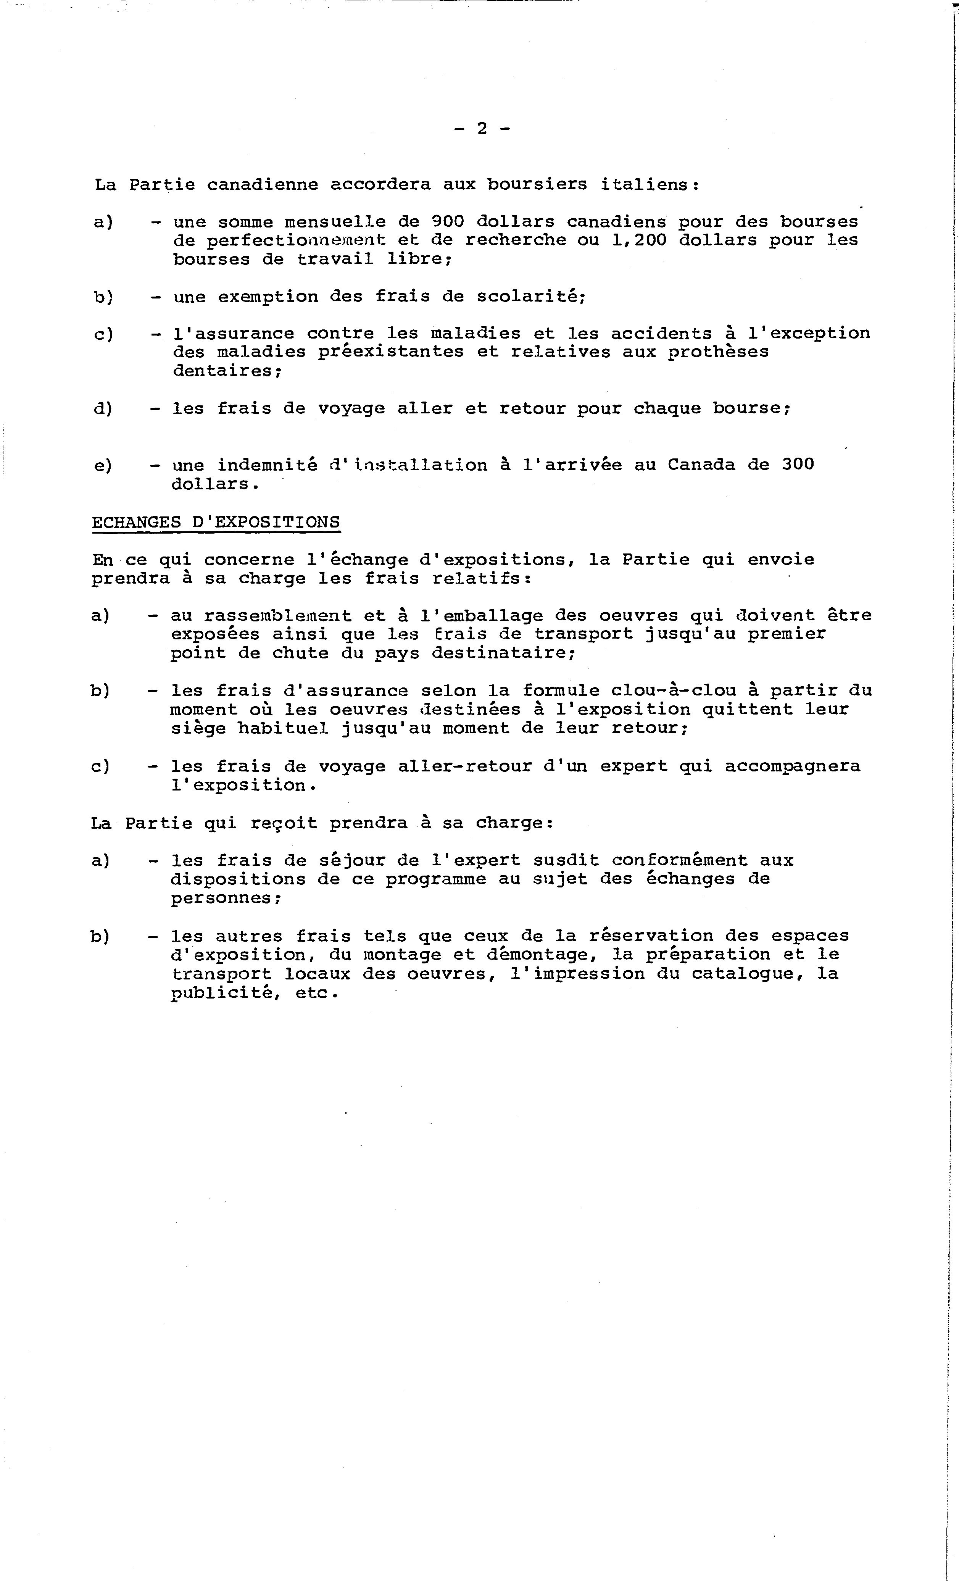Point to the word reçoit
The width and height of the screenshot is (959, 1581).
click(284, 823)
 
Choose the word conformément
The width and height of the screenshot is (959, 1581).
click(679, 860)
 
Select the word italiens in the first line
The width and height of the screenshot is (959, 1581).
click(649, 185)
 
